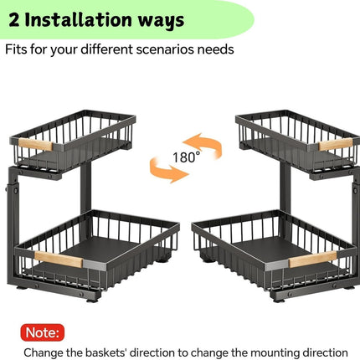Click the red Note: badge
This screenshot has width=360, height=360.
point(43,332)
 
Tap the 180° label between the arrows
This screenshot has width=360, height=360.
point(187,157)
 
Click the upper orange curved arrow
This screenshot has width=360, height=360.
point(205,145)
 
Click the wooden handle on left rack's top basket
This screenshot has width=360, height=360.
point(35,145)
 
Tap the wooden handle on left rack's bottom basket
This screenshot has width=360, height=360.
point(59,259)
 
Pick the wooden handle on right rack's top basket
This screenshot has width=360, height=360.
point(336,144)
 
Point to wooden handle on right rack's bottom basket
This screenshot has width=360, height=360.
point(313,259)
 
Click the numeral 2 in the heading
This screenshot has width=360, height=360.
point(14,20)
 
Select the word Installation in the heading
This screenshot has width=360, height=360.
point(79,19)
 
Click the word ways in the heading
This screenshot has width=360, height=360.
point(162,21)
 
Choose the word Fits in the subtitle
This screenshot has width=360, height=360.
point(16,49)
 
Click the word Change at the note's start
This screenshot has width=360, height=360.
point(44,352)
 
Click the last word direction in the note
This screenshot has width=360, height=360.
point(327,352)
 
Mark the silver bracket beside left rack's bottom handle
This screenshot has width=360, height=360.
point(95,265)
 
